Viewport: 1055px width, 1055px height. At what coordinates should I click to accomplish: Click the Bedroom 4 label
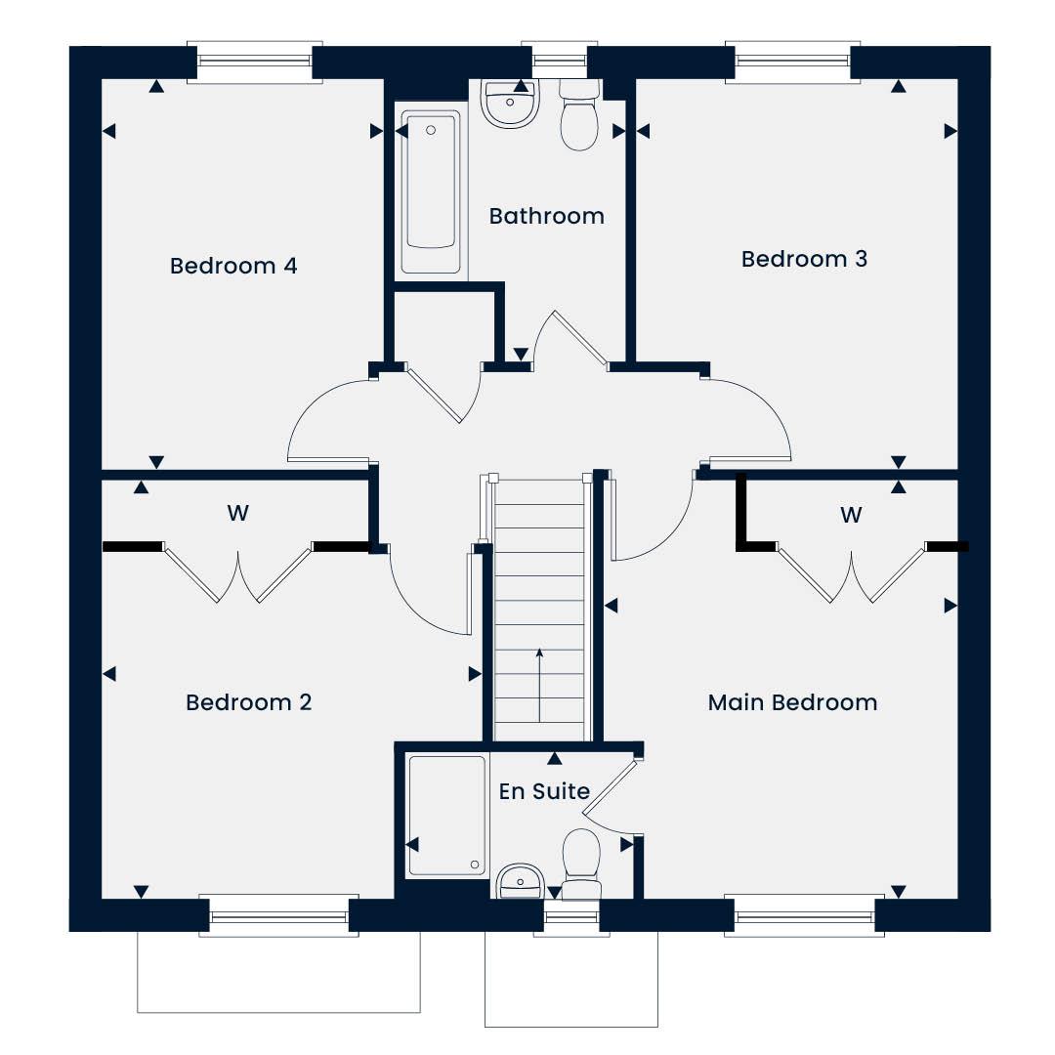pyautogui.click(x=232, y=266)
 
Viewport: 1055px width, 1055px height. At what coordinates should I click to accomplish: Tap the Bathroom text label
pyautogui.click(x=546, y=216)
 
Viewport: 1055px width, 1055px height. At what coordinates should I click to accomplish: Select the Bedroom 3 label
pyautogui.click(x=804, y=259)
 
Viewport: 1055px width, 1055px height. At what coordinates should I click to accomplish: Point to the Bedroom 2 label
pyautogui.click(x=249, y=702)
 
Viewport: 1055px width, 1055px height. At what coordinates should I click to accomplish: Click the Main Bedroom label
pyautogui.click(x=792, y=702)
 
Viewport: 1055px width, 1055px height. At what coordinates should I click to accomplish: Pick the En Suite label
pyautogui.click(x=544, y=791)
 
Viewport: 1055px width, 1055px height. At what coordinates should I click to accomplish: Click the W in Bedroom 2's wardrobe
pyautogui.click(x=237, y=514)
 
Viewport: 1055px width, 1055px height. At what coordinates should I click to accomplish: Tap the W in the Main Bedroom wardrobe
pyautogui.click(x=851, y=516)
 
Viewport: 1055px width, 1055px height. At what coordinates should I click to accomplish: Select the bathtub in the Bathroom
pyautogui.click(x=431, y=191)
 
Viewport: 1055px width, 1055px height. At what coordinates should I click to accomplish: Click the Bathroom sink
pyautogui.click(x=510, y=104)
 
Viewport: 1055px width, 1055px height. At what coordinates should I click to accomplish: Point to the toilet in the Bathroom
pyautogui.click(x=579, y=114)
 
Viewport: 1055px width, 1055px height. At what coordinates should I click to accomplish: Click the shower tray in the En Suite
pyautogui.click(x=447, y=816)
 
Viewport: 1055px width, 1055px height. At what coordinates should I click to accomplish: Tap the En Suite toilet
pyautogui.click(x=581, y=864)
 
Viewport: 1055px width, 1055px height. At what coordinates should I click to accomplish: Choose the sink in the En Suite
pyautogui.click(x=520, y=881)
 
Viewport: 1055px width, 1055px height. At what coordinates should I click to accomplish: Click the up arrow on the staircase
pyautogui.click(x=539, y=685)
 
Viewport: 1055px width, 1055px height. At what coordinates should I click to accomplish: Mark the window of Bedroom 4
pyautogui.click(x=255, y=63)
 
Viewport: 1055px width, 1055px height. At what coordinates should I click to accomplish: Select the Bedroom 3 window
pyautogui.click(x=792, y=63)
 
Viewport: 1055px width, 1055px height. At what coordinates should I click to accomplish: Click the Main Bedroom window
pyautogui.click(x=805, y=915)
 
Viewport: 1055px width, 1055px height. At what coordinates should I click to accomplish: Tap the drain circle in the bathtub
pyautogui.click(x=431, y=130)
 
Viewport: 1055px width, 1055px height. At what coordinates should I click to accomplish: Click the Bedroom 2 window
pyautogui.click(x=279, y=915)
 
